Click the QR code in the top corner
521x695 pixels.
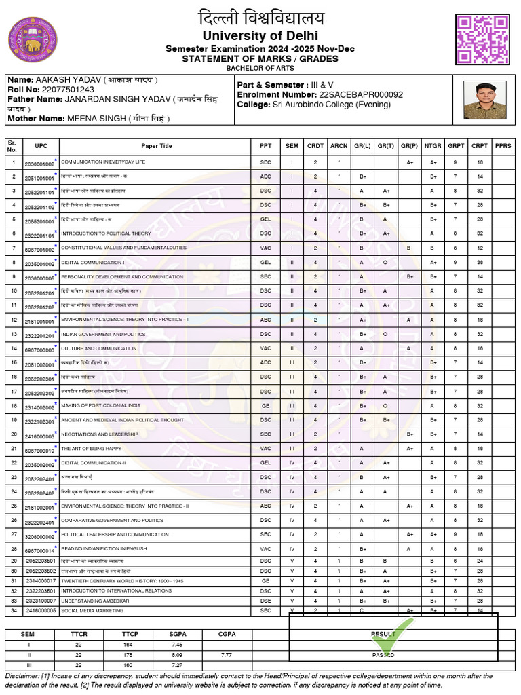[x=482, y=39]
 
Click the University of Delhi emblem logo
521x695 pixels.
[x=32, y=40]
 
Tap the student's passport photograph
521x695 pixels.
[x=484, y=100]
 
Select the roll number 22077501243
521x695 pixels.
[x=67, y=90]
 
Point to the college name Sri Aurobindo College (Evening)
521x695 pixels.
[x=332, y=105]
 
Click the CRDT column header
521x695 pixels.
[x=315, y=146]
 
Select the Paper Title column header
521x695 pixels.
[x=157, y=146]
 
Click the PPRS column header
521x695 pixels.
[x=503, y=146]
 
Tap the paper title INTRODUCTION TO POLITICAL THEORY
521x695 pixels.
[x=106, y=233]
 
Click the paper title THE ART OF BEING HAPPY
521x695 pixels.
[x=92, y=449]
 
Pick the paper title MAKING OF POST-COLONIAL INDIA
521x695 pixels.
[x=101, y=405]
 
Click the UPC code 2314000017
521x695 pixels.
[x=41, y=581]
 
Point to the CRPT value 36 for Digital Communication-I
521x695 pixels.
[x=480, y=262]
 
